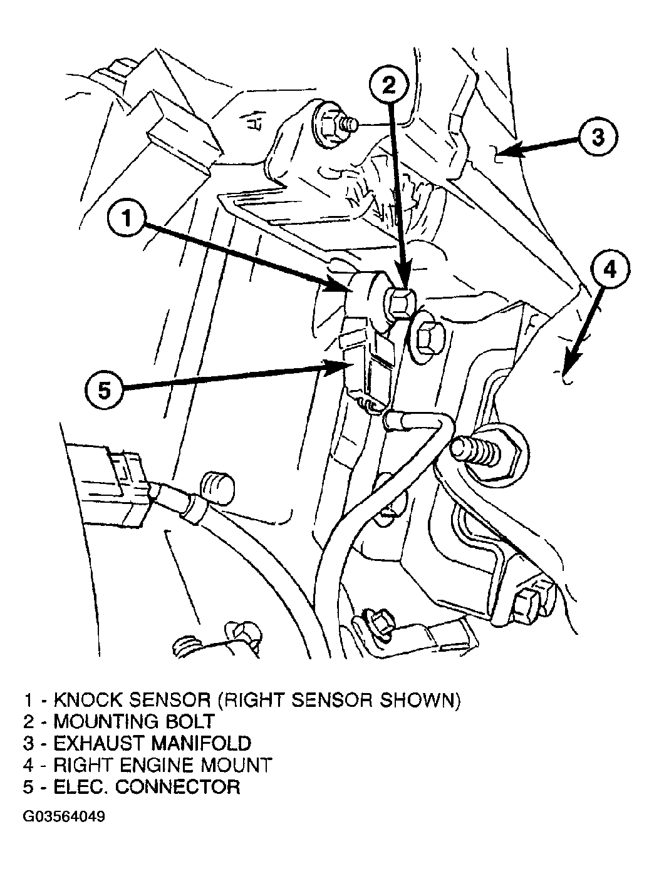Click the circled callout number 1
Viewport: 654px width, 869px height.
point(127,219)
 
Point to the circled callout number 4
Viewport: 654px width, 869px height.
point(610,271)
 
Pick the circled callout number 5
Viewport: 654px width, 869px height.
point(104,391)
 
